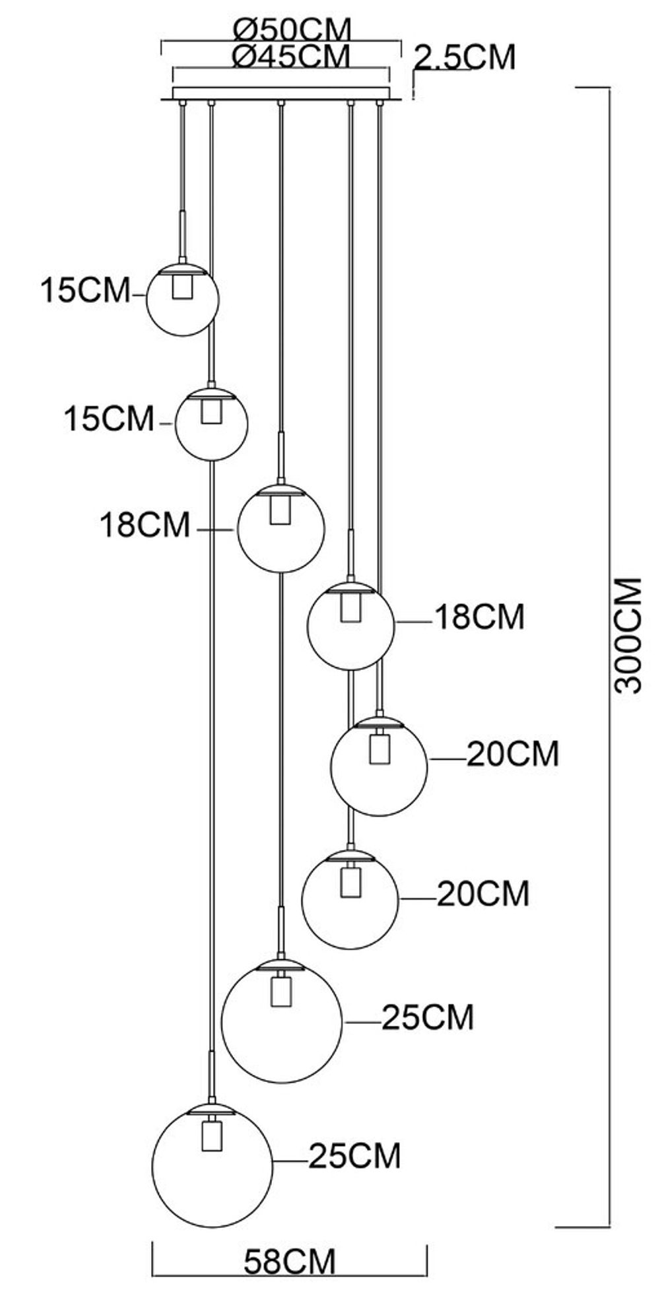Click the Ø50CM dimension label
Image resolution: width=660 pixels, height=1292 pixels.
(x=292, y=29)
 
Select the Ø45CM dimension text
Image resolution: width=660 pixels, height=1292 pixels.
(x=291, y=56)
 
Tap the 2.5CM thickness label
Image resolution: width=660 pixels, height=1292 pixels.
(x=465, y=57)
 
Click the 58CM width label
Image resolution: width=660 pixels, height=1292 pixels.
(x=290, y=1262)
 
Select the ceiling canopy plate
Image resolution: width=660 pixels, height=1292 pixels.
(x=281, y=94)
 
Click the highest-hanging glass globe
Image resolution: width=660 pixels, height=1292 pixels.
(x=182, y=300)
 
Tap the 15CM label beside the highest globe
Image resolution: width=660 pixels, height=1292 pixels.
(x=86, y=290)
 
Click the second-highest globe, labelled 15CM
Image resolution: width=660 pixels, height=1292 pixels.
(x=211, y=425)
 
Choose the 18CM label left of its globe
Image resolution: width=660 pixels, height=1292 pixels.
(x=145, y=526)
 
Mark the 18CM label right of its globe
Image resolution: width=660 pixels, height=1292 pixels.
(x=479, y=617)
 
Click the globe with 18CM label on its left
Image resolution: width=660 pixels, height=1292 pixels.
(x=280, y=528)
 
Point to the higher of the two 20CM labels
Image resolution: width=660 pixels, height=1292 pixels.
(x=513, y=754)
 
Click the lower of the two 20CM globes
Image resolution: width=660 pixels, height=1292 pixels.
(x=350, y=900)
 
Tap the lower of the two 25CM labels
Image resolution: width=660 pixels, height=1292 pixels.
(x=355, y=1156)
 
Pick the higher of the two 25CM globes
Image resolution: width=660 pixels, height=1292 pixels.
(x=282, y=1021)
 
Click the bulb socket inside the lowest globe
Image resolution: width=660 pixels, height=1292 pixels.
(x=211, y=1134)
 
